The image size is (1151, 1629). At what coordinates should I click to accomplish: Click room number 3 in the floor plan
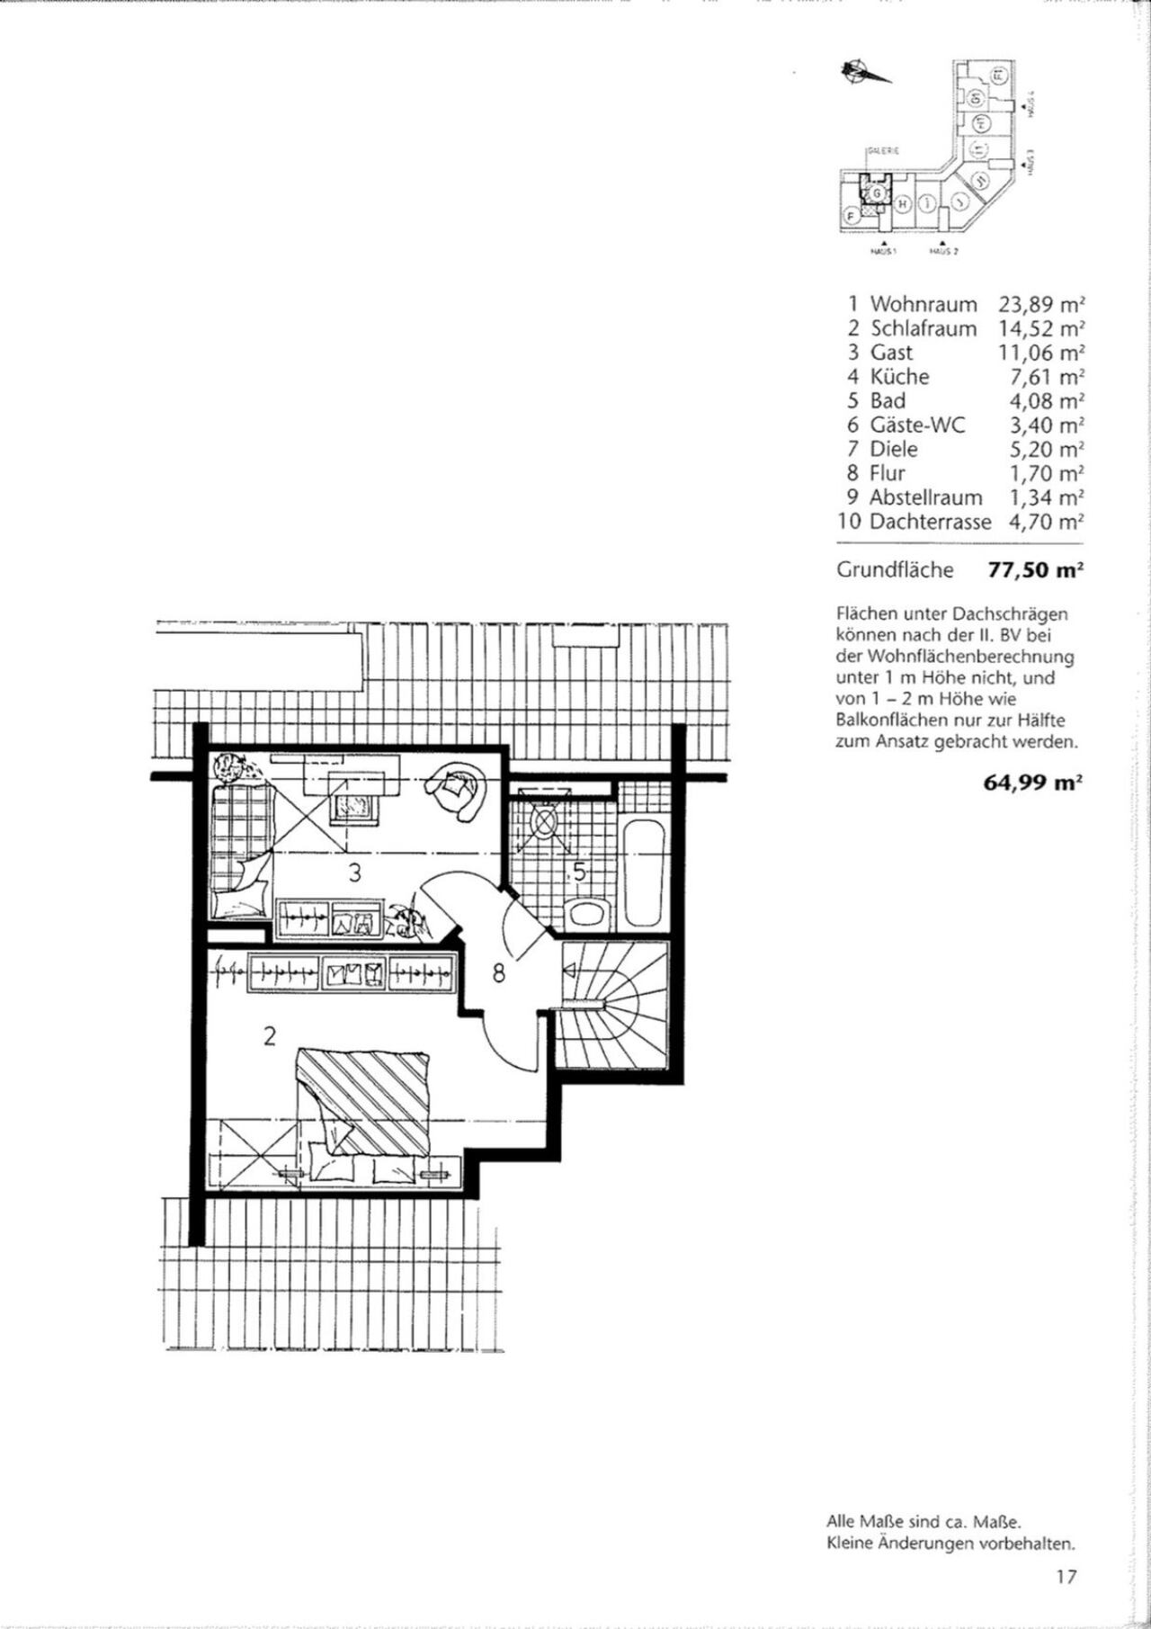click(x=355, y=872)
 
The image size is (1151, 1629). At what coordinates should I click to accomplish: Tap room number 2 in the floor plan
click(x=268, y=1036)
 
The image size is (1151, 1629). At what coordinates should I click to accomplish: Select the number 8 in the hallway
click(x=498, y=971)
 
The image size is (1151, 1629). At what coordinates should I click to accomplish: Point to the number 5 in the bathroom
click(x=579, y=872)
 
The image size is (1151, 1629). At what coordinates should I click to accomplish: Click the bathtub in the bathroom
click(x=644, y=871)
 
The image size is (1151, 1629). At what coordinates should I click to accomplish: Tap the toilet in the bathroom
click(x=589, y=914)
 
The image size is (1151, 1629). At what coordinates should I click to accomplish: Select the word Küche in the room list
click(x=899, y=377)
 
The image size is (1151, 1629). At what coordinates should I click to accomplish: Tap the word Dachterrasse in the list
click(x=930, y=522)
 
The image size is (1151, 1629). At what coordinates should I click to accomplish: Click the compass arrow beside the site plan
click(x=862, y=73)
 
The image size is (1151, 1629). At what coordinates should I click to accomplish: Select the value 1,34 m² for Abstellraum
click(x=1045, y=497)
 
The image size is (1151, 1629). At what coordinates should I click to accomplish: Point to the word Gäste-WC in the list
click(x=916, y=425)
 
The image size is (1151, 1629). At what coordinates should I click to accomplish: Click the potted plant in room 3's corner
click(x=234, y=768)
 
